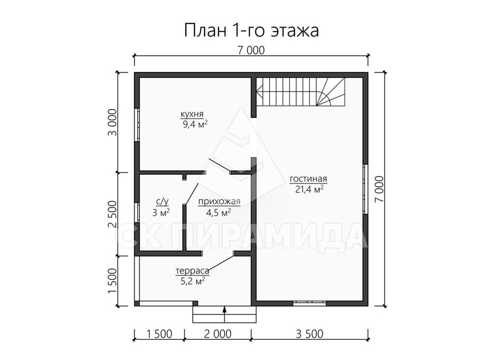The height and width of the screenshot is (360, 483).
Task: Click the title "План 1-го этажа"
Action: [x=251, y=31]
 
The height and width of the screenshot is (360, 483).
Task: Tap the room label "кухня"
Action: [x=192, y=114]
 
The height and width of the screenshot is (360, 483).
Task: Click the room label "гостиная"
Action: [x=308, y=179]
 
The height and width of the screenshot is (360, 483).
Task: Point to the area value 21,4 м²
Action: [x=309, y=189]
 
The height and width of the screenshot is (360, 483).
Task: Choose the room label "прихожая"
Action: [x=219, y=202]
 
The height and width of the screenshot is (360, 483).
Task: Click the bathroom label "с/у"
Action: [x=162, y=202]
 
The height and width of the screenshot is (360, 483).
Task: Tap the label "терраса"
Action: [x=192, y=271]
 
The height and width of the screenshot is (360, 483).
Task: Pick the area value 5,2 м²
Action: [x=193, y=281]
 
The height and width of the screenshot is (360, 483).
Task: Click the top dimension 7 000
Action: [x=251, y=50]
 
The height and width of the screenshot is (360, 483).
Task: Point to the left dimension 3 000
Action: [x=113, y=122]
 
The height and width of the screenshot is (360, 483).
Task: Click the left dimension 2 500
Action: [x=113, y=214]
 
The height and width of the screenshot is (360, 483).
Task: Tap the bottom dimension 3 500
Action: [x=309, y=334]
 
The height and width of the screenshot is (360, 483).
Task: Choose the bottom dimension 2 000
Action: [x=217, y=334]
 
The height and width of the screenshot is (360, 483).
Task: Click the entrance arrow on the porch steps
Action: [x=225, y=314]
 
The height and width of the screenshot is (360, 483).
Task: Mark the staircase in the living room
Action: [x=301, y=92]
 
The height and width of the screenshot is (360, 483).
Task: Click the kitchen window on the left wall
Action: [x=137, y=125]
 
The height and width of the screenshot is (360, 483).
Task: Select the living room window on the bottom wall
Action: [x=309, y=303]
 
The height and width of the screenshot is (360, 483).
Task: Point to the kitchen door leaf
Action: [x=220, y=166]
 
